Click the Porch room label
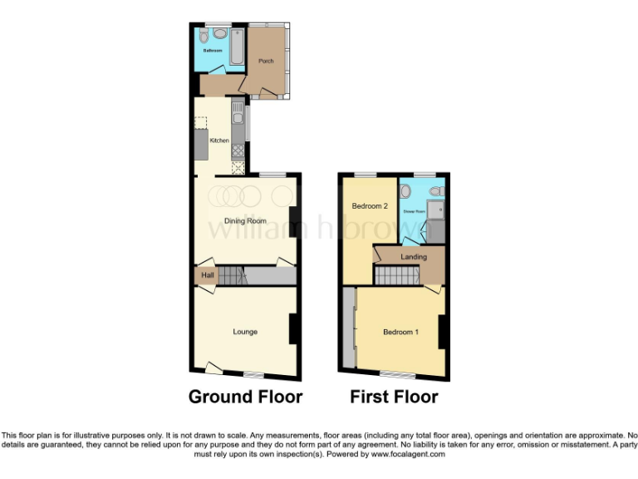[x=266, y=62]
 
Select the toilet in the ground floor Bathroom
[x=218, y=34]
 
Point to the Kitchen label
[x=219, y=141]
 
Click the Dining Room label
[x=246, y=221]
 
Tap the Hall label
[x=207, y=275]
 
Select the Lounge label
[x=245, y=332]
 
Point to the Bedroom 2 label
[x=369, y=206]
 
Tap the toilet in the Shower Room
[x=405, y=192]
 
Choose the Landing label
[x=414, y=257]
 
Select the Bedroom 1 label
[x=400, y=333]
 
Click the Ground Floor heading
[x=245, y=397]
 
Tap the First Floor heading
[x=394, y=397]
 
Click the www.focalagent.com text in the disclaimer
[x=408, y=454]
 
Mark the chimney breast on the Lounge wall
[x=293, y=328]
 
